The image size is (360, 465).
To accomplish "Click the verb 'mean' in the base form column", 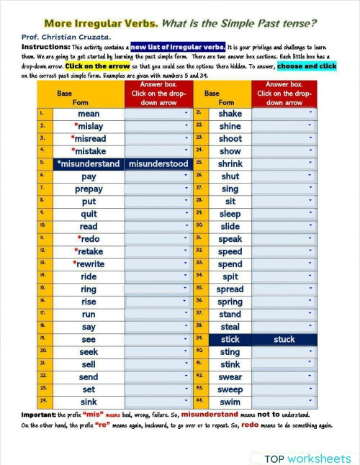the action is (x=89, y=114).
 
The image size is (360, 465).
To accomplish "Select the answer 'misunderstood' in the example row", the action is (x=158, y=164).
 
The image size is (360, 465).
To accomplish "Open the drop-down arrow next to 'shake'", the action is (x=310, y=114).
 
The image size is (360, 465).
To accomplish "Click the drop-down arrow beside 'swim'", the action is (x=310, y=402).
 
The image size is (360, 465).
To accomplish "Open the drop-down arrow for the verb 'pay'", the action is (x=186, y=176).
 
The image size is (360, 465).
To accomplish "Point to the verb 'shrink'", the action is (x=230, y=164).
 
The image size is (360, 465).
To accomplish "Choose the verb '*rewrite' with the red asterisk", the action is (x=88, y=264).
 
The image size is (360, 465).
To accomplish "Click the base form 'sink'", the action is (x=89, y=402).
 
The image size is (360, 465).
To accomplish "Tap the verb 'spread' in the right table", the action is (x=230, y=289).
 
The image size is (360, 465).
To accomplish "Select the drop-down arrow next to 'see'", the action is (x=186, y=339).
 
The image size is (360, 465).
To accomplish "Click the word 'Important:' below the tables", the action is (x=38, y=415).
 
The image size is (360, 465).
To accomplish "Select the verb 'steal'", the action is (x=230, y=327).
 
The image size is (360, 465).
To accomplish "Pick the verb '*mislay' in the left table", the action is (x=88, y=126).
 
